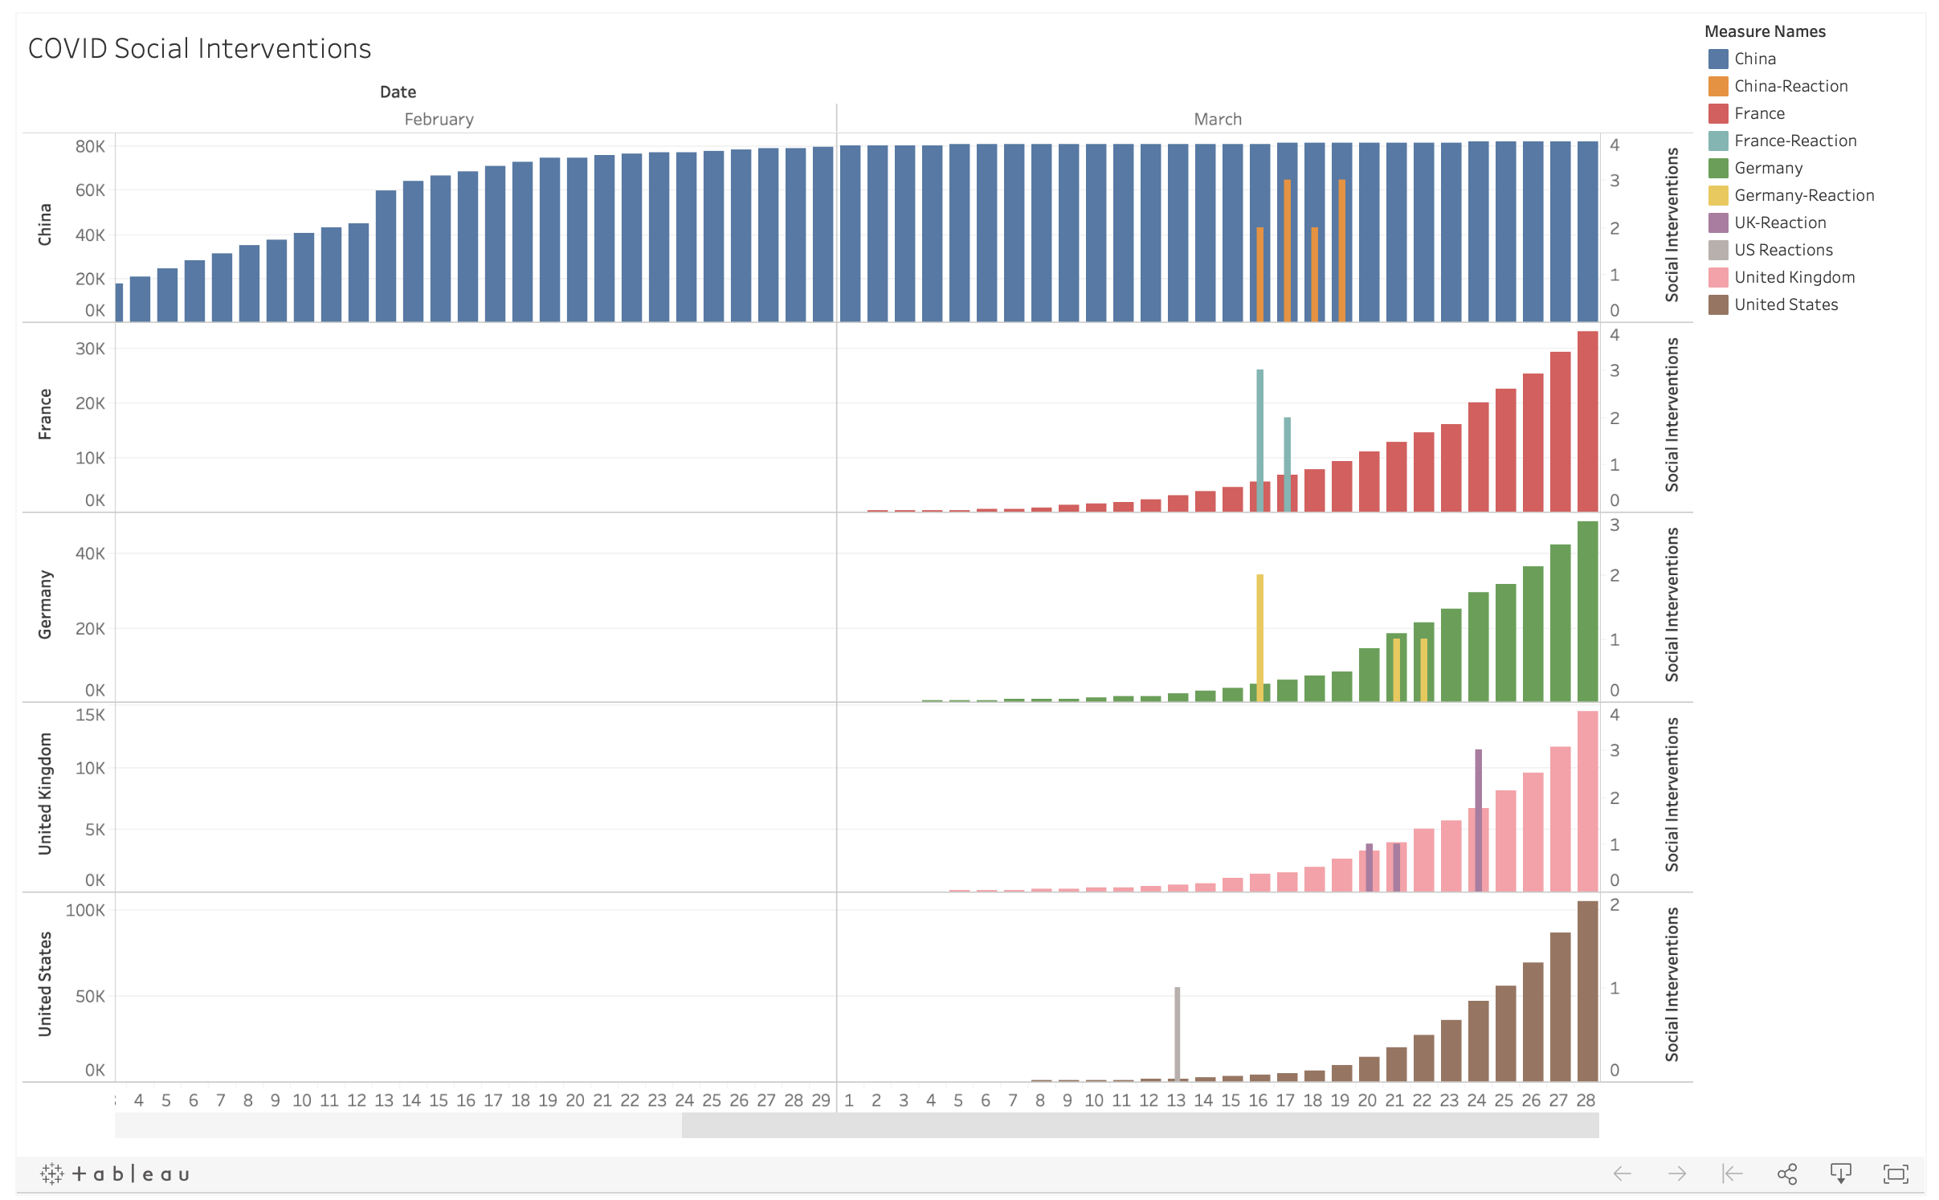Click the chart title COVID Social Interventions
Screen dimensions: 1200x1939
point(199,49)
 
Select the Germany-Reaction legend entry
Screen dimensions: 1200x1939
point(1803,195)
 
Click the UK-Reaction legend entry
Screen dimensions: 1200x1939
point(1779,222)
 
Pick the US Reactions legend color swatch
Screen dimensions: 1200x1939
point(1718,250)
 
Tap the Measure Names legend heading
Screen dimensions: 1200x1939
point(1765,31)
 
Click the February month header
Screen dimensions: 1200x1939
point(439,119)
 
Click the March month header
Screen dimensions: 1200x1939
point(1217,119)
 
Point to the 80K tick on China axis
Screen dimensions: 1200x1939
point(90,146)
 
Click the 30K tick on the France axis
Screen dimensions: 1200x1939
point(90,349)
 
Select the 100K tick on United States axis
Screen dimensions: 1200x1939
point(85,910)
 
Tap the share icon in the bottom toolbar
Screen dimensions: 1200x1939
point(1786,1173)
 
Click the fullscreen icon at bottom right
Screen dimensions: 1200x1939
point(1896,1173)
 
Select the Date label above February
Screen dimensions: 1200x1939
point(398,92)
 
